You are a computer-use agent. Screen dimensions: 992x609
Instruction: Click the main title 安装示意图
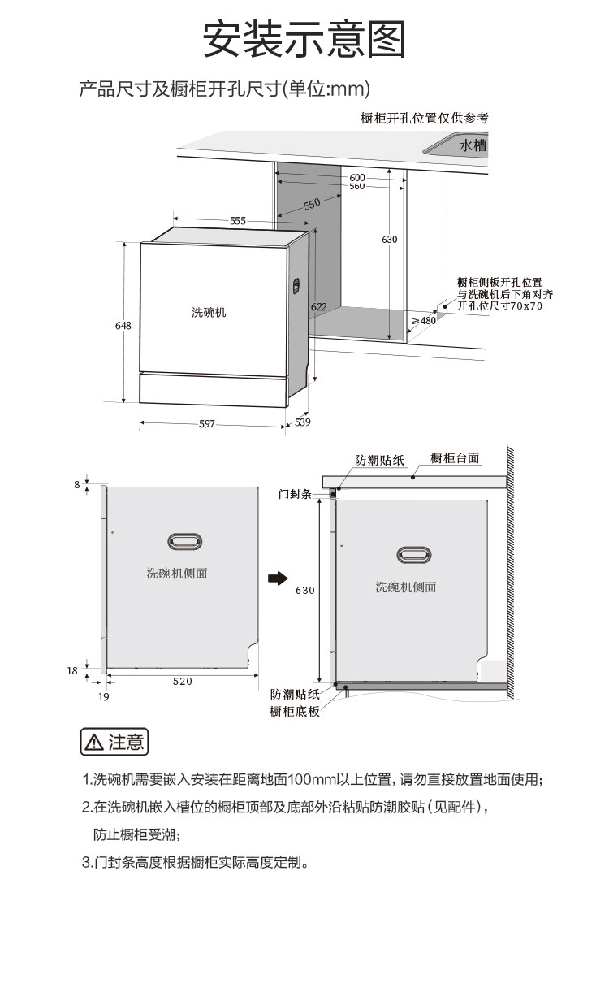[304, 39]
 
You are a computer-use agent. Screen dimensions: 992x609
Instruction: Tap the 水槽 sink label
[472, 145]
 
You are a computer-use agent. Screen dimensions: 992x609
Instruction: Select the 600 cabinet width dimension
[357, 177]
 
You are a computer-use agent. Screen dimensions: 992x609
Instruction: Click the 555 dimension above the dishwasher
[237, 220]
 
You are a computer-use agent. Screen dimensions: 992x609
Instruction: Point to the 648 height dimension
[123, 325]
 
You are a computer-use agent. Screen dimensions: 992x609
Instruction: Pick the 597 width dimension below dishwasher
[207, 424]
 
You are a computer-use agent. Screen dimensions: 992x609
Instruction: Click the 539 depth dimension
[302, 422]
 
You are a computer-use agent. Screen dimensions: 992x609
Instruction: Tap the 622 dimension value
[318, 306]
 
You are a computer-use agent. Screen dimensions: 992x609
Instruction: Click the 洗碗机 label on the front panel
[209, 312]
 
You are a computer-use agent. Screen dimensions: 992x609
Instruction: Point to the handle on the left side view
[184, 541]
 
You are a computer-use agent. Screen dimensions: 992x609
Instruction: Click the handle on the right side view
[413, 556]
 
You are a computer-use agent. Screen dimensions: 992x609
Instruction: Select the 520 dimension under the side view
[183, 682]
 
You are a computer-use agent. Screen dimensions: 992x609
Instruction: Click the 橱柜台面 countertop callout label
[455, 458]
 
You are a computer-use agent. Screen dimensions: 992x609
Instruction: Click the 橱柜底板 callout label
[295, 712]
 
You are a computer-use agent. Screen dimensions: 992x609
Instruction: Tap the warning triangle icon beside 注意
[94, 742]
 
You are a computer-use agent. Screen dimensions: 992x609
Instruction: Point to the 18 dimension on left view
[72, 670]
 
